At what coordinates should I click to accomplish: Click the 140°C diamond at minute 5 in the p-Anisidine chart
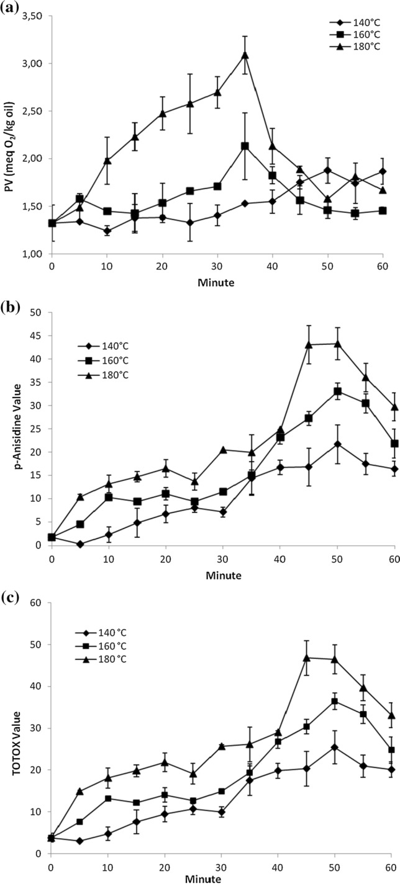click(x=80, y=544)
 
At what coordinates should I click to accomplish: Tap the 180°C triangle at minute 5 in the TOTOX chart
click(x=80, y=774)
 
